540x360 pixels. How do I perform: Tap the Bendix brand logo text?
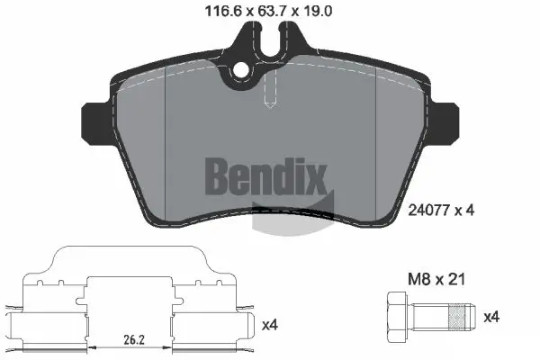269,176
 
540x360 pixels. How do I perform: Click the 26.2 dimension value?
134,340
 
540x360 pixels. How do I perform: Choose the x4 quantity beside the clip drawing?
269,323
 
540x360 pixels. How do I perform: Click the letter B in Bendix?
221,176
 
